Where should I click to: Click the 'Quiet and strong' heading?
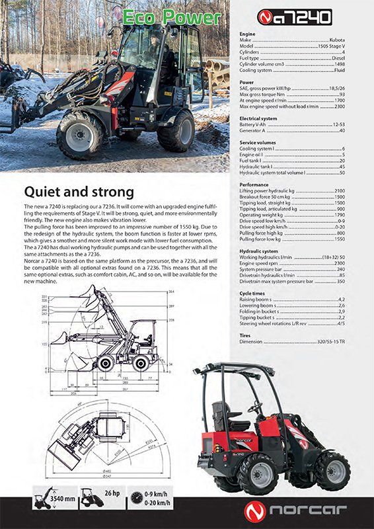[x=79, y=192]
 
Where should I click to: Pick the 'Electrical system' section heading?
[x=258, y=118]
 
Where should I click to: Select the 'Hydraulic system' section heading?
[x=258, y=251]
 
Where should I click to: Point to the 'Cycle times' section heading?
[x=252, y=293]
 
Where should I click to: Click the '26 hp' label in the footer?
[x=110, y=494]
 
